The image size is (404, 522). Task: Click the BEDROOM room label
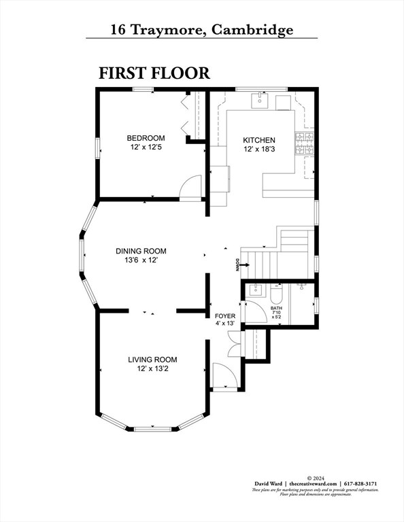point(146,139)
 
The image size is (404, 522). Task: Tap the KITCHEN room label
point(259,141)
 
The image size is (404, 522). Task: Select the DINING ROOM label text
point(140,251)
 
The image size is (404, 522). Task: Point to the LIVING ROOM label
point(152,360)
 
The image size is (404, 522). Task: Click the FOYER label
point(225,316)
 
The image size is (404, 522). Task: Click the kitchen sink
point(260,101)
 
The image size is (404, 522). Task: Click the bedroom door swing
point(190,187)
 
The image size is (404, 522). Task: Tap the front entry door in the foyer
point(222,376)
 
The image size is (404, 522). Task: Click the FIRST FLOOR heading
point(154,73)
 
